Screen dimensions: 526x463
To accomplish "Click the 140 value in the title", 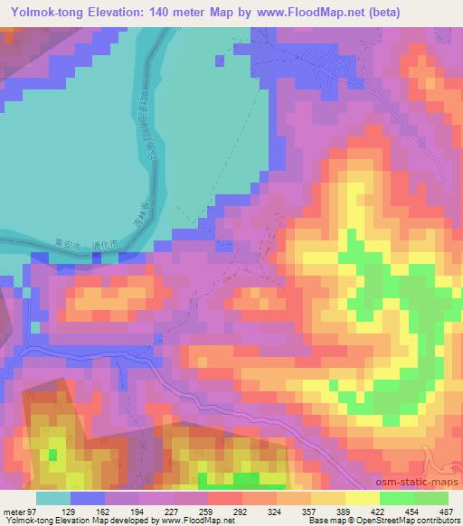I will coord(166,11).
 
